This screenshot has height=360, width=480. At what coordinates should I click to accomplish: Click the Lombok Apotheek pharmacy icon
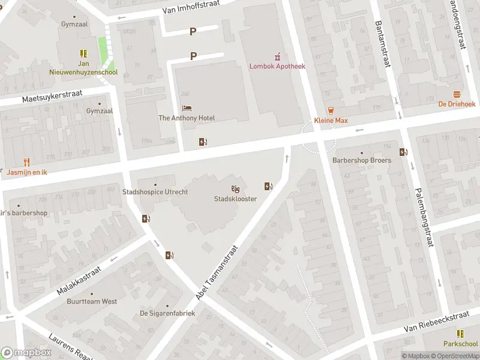(x=277, y=57)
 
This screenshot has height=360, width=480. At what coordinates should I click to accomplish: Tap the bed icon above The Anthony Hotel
(x=187, y=108)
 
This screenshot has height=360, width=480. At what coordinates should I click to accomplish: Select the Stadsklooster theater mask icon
(x=236, y=189)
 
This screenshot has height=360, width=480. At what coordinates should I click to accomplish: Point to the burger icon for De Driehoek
(x=457, y=94)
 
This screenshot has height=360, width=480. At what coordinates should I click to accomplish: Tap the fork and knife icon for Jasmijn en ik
(x=26, y=162)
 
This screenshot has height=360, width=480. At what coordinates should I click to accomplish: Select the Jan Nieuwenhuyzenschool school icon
(x=83, y=53)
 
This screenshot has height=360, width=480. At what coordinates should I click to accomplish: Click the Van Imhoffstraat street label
(x=191, y=7)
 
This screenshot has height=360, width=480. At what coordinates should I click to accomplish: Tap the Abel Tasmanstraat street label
(x=217, y=272)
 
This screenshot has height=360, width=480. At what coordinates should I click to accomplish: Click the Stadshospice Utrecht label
(x=155, y=192)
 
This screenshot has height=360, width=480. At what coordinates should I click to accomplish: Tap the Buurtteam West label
(x=92, y=301)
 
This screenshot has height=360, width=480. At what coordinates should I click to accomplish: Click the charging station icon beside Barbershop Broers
(x=406, y=152)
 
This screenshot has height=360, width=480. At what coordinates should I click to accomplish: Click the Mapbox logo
(x=25, y=353)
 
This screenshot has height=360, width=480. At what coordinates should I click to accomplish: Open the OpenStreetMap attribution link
(x=454, y=356)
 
